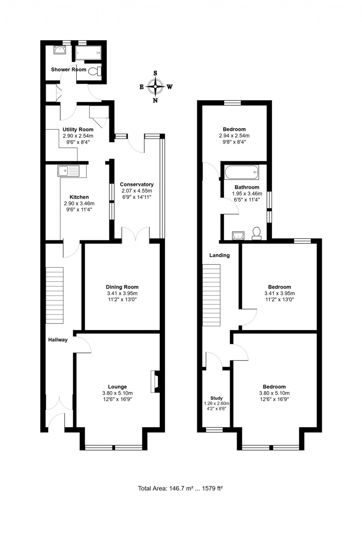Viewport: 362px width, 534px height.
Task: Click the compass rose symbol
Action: [x=155, y=87]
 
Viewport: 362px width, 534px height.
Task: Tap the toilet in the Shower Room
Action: [x=94, y=71]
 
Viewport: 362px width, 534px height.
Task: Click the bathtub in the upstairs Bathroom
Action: [x=241, y=172]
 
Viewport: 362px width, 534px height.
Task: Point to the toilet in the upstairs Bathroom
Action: [x=257, y=233]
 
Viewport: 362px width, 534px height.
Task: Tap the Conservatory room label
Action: [x=136, y=184]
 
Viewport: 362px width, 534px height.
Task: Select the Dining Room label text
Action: [x=122, y=287]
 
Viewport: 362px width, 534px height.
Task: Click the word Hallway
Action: [x=58, y=340]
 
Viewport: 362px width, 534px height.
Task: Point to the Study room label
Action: [x=216, y=398]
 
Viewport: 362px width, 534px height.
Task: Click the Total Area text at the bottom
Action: [x=180, y=488]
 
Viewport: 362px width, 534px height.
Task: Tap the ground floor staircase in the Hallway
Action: [x=54, y=295]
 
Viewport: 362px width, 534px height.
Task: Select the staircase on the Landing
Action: [x=211, y=295]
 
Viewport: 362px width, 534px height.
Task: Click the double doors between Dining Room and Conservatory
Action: [x=136, y=234]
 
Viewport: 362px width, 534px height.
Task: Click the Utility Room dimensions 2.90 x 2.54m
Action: [x=78, y=136]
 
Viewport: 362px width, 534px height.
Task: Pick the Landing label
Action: [x=219, y=255]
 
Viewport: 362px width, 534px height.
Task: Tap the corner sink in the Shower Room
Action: [x=60, y=50]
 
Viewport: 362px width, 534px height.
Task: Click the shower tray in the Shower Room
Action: [x=88, y=53]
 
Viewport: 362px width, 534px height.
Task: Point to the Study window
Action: [x=215, y=430]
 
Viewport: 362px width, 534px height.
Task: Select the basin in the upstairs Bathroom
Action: [x=238, y=235]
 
